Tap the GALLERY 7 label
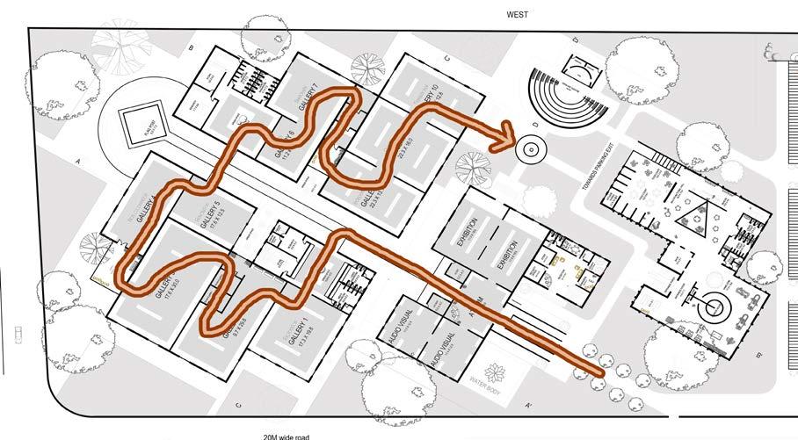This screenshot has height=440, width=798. coord(307,105)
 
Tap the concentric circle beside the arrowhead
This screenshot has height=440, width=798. coord(531,149)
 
